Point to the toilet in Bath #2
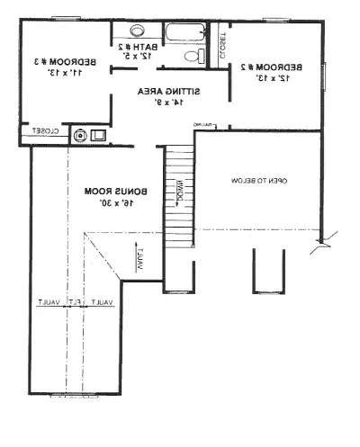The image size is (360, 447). (x=192, y=57)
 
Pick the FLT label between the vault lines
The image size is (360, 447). (x=78, y=302)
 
